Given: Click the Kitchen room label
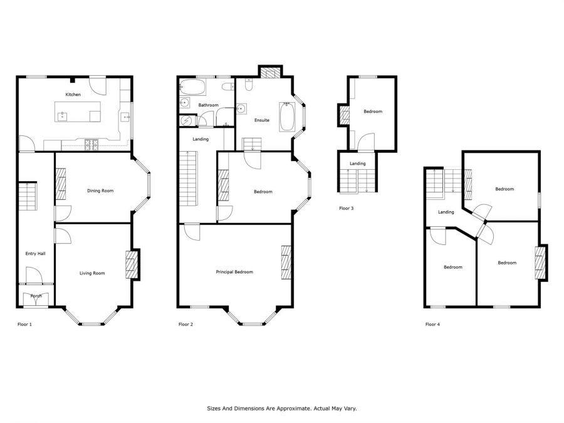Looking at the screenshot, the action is (x=73, y=95).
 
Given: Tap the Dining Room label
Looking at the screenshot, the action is (x=100, y=191).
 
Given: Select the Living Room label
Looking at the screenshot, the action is (x=92, y=273).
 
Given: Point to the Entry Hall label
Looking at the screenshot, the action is (x=35, y=254).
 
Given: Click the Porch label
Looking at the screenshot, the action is (x=36, y=296).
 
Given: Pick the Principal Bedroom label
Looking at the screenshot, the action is (x=234, y=272).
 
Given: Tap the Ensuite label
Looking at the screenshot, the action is (x=262, y=120).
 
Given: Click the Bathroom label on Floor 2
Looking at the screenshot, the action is (x=209, y=105).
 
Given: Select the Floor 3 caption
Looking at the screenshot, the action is (x=347, y=208).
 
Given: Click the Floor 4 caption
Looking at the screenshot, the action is (x=432, y=324).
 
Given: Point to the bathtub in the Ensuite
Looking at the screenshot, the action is (x=287, y=117).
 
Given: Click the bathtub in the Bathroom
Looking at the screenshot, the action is (x=192, y=87).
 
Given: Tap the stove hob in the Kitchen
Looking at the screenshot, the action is (x=91, y=145).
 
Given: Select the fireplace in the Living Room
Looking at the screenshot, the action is (x=132, y=264).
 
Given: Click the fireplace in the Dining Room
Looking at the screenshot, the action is (x=61, y=184).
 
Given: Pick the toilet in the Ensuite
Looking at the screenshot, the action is (x=249, y=85).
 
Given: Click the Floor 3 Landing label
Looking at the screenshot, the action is (x=358, y=164).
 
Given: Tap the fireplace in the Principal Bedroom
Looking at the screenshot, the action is (x=286, y=262).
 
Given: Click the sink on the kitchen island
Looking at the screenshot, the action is (x=63, y=117).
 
